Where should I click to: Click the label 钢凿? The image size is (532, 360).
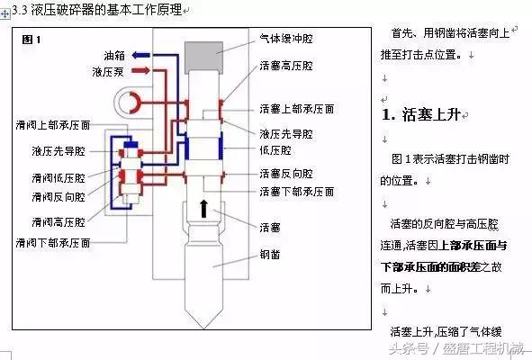[268, 255]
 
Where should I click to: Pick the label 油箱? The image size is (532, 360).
[113, 54]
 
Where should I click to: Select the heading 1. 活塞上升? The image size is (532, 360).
[420, 115]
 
